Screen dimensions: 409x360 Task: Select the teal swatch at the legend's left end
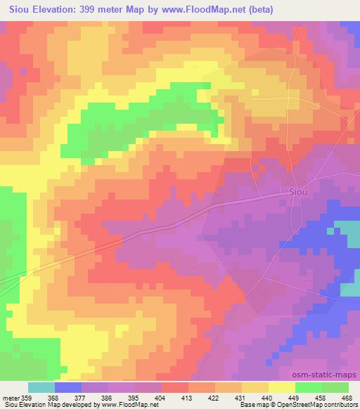click(x=41, y=387)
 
